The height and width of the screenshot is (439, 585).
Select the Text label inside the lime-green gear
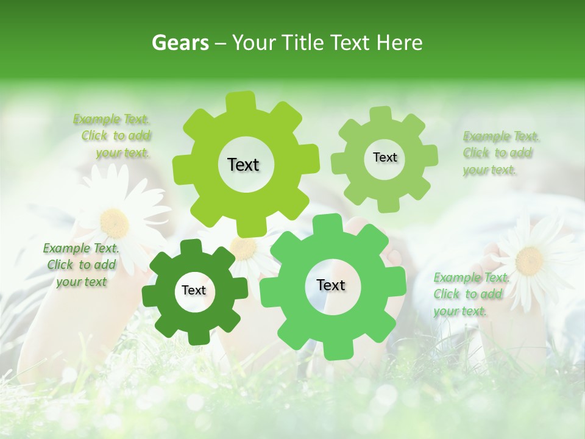click(x=243, y=165)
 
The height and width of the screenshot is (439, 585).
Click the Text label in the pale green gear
click(x=385, y=157)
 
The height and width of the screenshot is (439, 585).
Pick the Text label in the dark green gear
click(x=194, y=290)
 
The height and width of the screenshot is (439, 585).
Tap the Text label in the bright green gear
click(x=331, y=285)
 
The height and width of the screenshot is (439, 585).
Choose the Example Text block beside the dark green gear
click(x=81, y=265)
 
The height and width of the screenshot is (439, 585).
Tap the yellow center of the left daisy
click(x=114, y=223)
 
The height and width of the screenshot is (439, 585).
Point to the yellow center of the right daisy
click(x=529, y=261)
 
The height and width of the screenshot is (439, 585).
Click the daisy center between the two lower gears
click(x=244, y=248)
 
